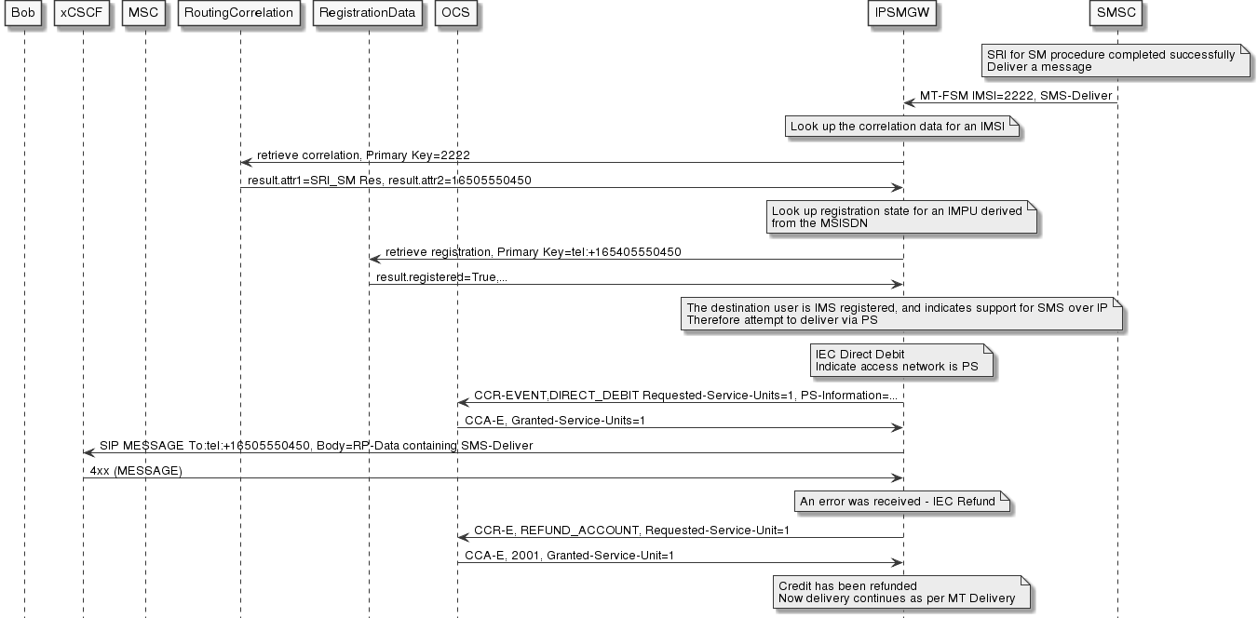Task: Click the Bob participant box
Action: point(24,14)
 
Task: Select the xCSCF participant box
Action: point(83,14)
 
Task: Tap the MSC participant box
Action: point(145,14)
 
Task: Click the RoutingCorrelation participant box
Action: point(240,14)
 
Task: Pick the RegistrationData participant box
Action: point(369,14)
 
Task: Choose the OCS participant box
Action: point(457,14)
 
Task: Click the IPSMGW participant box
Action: point(903,14)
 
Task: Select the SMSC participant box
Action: point(1117,14)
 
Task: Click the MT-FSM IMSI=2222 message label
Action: point(1016,96)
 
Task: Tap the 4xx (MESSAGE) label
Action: point(136,471)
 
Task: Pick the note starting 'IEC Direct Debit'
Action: point(900,361)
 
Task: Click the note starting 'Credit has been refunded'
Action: point(900,592)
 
